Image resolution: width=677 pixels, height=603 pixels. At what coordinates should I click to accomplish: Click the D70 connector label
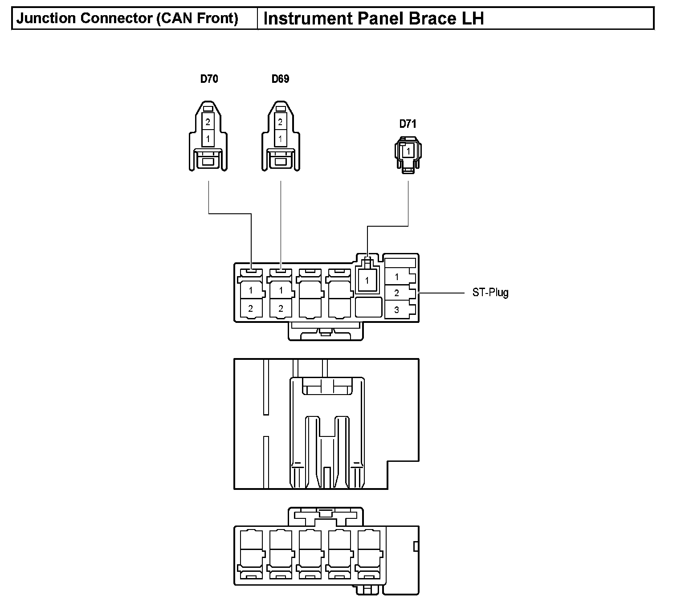(x=209, y=79)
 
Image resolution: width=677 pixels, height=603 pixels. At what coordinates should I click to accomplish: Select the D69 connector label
(x=280, y=79)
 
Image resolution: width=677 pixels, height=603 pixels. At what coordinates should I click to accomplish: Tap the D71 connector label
(x=408, y=124)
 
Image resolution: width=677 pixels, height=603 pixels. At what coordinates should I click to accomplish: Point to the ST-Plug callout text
(x=490, y=293)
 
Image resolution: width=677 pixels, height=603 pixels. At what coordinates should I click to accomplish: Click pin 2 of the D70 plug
(x=208, y=122)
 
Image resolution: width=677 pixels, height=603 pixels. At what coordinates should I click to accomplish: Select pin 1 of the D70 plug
(x=208, y=139)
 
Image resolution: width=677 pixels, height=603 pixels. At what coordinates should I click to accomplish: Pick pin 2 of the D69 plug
(x=280, y=122)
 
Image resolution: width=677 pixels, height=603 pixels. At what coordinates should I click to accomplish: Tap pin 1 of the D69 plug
(x=280, y=139)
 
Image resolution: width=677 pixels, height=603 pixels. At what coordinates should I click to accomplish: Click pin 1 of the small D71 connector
(x=408, y=151)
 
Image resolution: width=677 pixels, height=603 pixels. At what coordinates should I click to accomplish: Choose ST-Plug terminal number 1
(x=397, y=277)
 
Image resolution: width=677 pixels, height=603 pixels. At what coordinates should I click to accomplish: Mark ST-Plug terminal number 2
(x=397, y=293)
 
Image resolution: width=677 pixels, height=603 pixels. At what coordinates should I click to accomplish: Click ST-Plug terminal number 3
(x=397, y=310)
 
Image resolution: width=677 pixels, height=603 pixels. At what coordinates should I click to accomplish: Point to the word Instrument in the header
(x=306, y=19)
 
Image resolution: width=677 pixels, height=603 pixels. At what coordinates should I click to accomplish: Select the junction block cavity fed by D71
(x=367, y=281)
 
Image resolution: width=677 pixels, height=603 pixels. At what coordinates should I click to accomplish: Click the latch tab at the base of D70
(x=208, y=161)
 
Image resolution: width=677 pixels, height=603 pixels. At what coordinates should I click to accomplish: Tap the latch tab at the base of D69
(x=280, y=161)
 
